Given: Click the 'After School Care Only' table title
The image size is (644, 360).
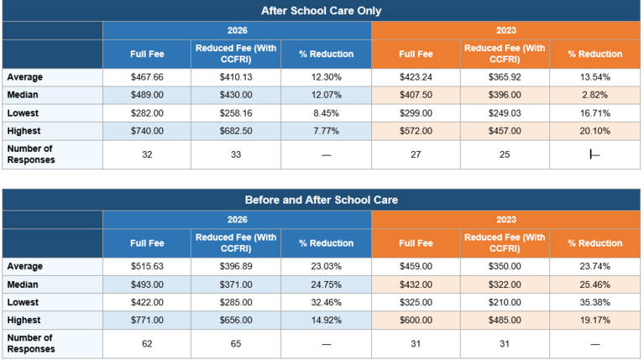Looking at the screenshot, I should (x=322, y=11).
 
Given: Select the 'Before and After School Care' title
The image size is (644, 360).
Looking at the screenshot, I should (x=322, y=200).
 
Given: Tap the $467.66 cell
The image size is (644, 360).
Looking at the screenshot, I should (x=147, y=77).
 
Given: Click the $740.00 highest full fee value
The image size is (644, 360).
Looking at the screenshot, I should (x=147, y=130).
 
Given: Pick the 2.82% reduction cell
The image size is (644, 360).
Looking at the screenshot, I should (x=594, y=95).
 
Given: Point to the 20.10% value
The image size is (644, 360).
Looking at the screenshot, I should (x=594, y=130).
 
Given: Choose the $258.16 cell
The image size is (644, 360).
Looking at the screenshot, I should (x=236, y=112).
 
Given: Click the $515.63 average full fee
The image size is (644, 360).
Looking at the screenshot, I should (x=147, y=266).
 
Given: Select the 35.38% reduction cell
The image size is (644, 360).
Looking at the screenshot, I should (x=594, y=301).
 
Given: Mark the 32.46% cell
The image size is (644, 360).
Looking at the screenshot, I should (x=326, y=301).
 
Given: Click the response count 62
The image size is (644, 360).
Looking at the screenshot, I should (x=147, y=343).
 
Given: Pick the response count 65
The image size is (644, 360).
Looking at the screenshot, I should (x=236, y=343).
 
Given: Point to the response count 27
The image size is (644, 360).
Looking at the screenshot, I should (x=416, y=154).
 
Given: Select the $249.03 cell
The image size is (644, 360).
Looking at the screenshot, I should (x=505, y=112).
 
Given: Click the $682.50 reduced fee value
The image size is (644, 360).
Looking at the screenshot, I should (x=236, y=130).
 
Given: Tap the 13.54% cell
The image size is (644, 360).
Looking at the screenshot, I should (x=594, y=77).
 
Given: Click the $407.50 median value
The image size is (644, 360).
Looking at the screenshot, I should (x=416, y=95).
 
